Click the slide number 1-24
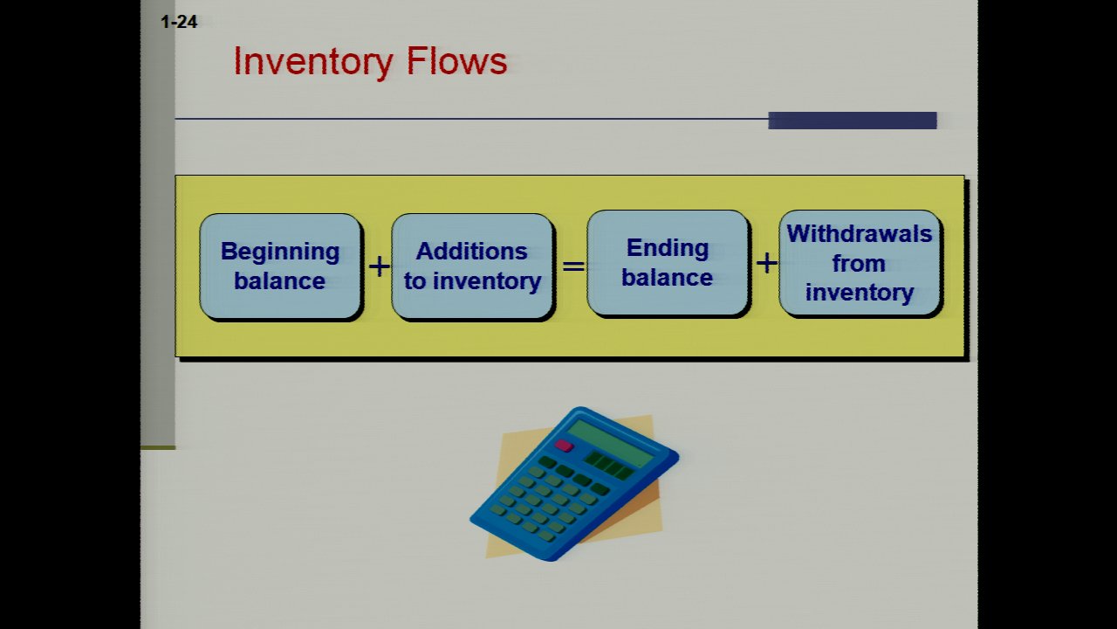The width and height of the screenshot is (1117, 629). tap(179, 22)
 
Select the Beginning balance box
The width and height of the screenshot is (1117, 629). tap(280, 266)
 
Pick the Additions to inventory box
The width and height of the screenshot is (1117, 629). tap(472, 266)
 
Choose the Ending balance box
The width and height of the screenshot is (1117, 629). tap(668, 263)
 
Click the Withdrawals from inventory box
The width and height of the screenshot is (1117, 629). tap(860, 263)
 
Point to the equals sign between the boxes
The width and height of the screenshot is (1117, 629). tap(573, 264)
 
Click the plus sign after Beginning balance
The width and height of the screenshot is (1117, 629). tap(379, 266)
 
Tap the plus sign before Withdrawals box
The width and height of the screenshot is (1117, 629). tap(766, 262)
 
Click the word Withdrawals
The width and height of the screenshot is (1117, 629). tap(860, 234)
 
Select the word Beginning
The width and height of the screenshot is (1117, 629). tap(280, 252)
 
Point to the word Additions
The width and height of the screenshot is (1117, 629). tap(472, 252)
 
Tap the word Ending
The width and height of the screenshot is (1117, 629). tap(668, 248)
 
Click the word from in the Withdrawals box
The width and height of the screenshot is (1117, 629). tap(859, 263)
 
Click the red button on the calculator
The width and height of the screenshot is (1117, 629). tap(564, 446)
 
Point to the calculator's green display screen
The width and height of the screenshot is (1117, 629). tap(611, 442)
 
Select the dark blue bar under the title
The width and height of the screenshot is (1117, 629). tap(852, 121)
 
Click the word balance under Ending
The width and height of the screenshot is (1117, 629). tap(668, 278)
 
